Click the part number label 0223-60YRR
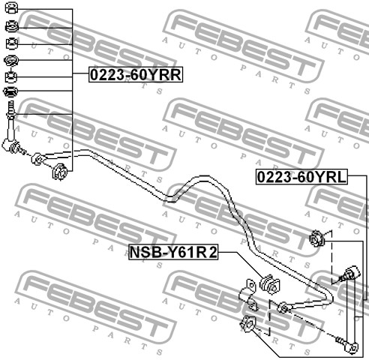coord(136,74)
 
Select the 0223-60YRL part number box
coord(301,177)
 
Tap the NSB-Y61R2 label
coord(173,252)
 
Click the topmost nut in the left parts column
coord(11,7)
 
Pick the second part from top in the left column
coord(11,26)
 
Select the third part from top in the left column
coord(12,43)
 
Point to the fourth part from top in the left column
coord(11,60)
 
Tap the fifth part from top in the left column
coord(11,77)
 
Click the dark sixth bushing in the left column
coord(10,91)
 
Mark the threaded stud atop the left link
coord(10,109)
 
